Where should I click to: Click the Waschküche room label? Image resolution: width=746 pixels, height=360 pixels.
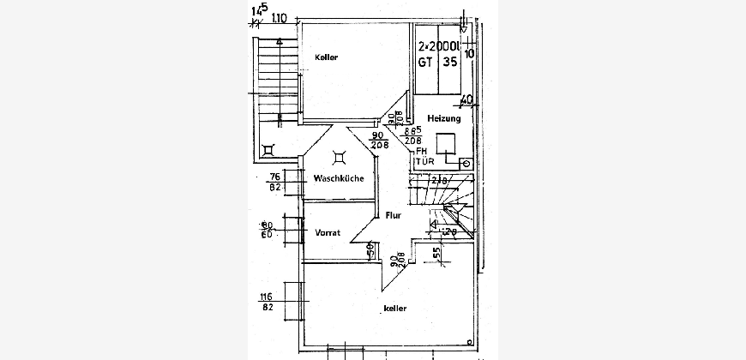point(339,178)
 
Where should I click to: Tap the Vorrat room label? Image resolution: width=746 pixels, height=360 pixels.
point(328,232)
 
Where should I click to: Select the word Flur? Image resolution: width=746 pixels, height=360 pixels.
point(394,215)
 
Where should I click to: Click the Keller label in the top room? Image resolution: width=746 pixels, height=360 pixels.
point(327,57)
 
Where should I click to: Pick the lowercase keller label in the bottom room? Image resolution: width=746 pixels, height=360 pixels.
point(394,308)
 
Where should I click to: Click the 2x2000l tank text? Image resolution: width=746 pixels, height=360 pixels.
point(438,48)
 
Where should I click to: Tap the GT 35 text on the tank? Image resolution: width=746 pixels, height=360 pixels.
point(438,63)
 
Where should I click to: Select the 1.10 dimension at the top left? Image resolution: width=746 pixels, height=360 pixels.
point(279,16)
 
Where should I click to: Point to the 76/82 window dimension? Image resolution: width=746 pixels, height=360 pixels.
point(276,181)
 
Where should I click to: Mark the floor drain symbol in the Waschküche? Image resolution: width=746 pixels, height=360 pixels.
point(340,156)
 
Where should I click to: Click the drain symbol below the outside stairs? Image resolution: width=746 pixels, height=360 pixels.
point(269,149)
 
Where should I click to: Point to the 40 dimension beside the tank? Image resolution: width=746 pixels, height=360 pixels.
point(466,100)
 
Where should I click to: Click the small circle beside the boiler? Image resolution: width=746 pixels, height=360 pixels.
point(466,162)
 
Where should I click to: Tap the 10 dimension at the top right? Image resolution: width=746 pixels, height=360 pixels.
point(469,53)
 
